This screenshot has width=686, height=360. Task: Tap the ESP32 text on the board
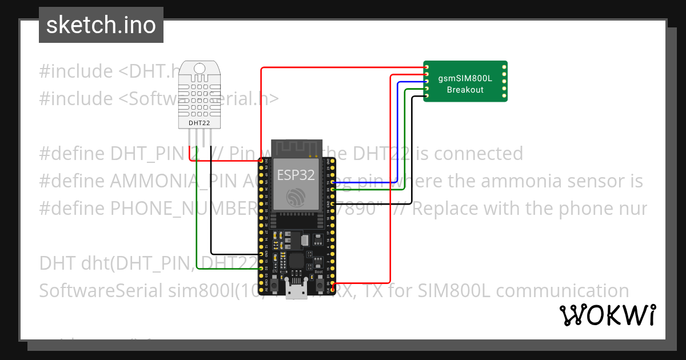point(296,175)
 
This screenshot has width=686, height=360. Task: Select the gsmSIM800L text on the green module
point(465,79)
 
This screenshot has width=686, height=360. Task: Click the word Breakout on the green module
point(465,90)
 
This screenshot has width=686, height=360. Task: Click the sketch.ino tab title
point(101,25)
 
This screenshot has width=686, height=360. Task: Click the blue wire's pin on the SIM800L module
point(426,82)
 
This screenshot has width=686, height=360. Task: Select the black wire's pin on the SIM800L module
point(426,96)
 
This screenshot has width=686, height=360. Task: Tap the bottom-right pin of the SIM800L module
point(504,96)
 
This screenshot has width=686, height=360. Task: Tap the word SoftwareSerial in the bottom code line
point(101,291)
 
